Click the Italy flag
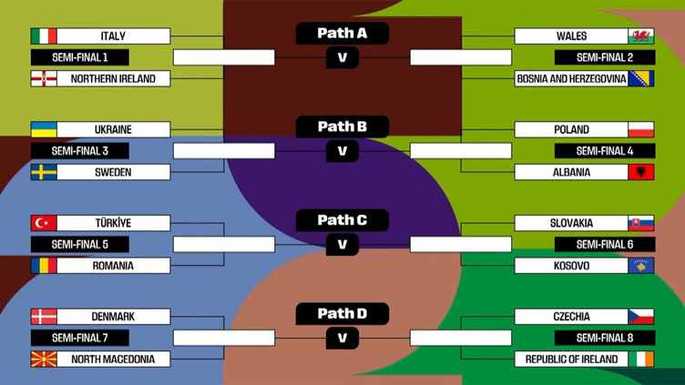pos(44,36)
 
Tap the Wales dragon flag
pos(641,36)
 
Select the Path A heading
pos(342,33)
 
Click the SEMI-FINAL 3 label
pos(79,151)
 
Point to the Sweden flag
pos(44,172)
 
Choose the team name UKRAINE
pos(113,129)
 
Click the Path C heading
pos(342,219)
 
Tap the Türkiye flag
pos(44,223)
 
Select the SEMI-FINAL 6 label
pos(605,244)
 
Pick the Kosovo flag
pos(641,266)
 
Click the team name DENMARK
pos(113,317)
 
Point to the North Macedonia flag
pos(44,360)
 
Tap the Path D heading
pos(342,313)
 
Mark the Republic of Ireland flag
pos(641,360)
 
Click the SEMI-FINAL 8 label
pos(605,338)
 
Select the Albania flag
pos(641,172)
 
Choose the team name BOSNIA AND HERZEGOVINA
pos(570,79)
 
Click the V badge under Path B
pos(342,151)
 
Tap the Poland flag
pos(641,129)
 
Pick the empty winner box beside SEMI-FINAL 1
pos(223,57)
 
